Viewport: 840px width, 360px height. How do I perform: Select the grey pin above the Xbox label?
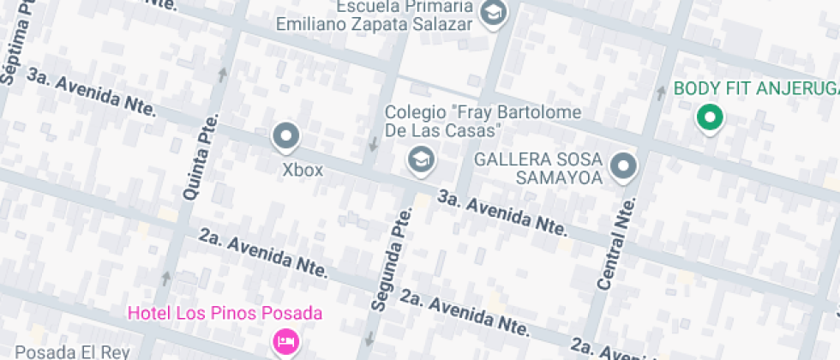pos(285,136)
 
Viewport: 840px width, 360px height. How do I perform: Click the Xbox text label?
pos(303,170)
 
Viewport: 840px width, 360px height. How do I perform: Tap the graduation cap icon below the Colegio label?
pos(420,159)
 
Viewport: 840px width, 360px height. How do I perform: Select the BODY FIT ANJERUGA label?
pos(754,89)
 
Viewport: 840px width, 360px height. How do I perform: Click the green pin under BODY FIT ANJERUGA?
pos(708,118)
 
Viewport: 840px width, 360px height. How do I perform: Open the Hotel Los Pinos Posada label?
pos(225,313)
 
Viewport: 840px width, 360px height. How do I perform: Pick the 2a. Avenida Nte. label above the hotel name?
pos(265,254)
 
